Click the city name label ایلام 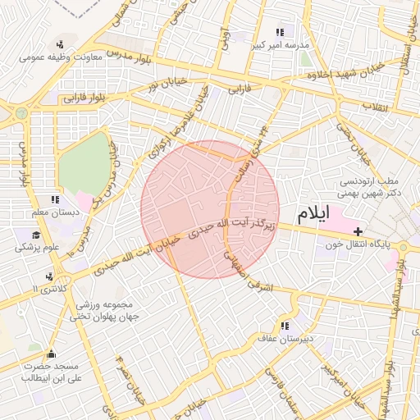pyautogui.click(x=312, y=214)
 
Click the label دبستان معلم pyautogui.click(x=54, y=212)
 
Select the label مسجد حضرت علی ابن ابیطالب pyautogui.click(x=52, y=372)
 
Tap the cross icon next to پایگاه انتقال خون pyautogui.click(x=358, y=232)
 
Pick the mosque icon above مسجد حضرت pyautogui.click(x=52, y=354)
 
